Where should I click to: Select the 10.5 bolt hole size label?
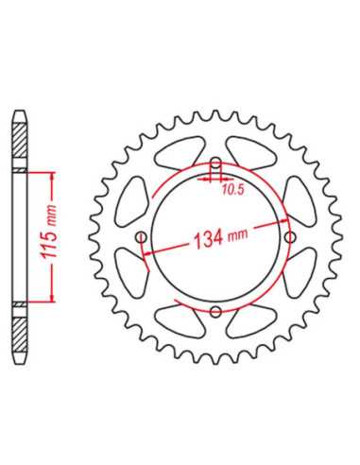(x=233, y=190)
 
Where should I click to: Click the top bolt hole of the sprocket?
(x=215, y=164)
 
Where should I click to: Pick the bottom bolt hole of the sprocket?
(x=215, y=312)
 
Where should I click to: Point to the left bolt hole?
(x=142, y=237)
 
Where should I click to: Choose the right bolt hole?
(x=290, y=237)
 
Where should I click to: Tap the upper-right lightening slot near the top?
(x=252, y=153)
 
